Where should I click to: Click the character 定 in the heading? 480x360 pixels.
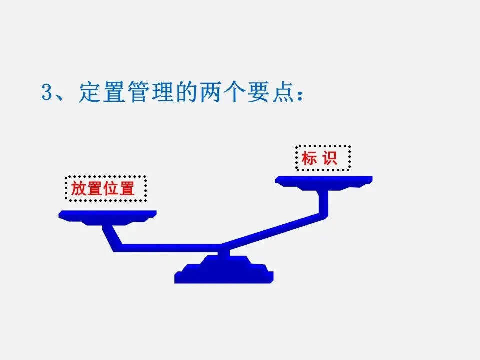[x=90, y=93]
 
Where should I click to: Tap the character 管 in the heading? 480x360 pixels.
[x=139, y=93]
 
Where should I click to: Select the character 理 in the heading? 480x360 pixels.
[x=164, y=93]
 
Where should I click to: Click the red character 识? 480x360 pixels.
[x=331, y=159]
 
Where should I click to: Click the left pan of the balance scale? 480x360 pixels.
[x=107, y=215]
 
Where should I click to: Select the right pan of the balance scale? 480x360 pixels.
[x=324, y=180]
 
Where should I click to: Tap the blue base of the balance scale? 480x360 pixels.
[x=224, y=272]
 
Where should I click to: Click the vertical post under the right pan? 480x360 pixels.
[x=324, y=202]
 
